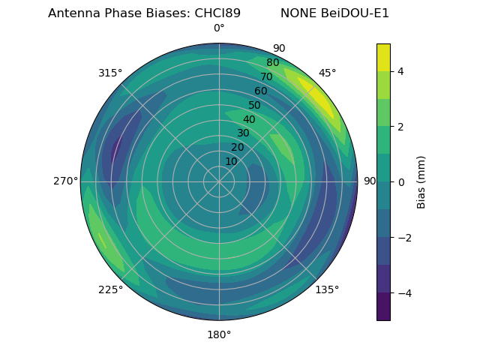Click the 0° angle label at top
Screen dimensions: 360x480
219,28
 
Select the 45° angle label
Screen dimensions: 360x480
327,73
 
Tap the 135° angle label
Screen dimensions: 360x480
327,290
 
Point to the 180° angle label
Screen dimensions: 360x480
219,334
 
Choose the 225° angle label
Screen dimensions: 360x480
110,290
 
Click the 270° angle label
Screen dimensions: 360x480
65,181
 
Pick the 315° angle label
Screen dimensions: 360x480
110,73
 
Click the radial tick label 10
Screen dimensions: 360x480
231,161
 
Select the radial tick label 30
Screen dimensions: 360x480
243,133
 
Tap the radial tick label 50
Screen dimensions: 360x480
254,105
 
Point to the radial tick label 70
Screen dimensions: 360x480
266,76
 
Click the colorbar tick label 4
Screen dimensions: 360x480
400,71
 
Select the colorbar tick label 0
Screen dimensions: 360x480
400,182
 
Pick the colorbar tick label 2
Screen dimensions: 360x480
400,127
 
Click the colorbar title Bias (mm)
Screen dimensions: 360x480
421,181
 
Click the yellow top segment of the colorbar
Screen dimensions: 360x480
383,57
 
